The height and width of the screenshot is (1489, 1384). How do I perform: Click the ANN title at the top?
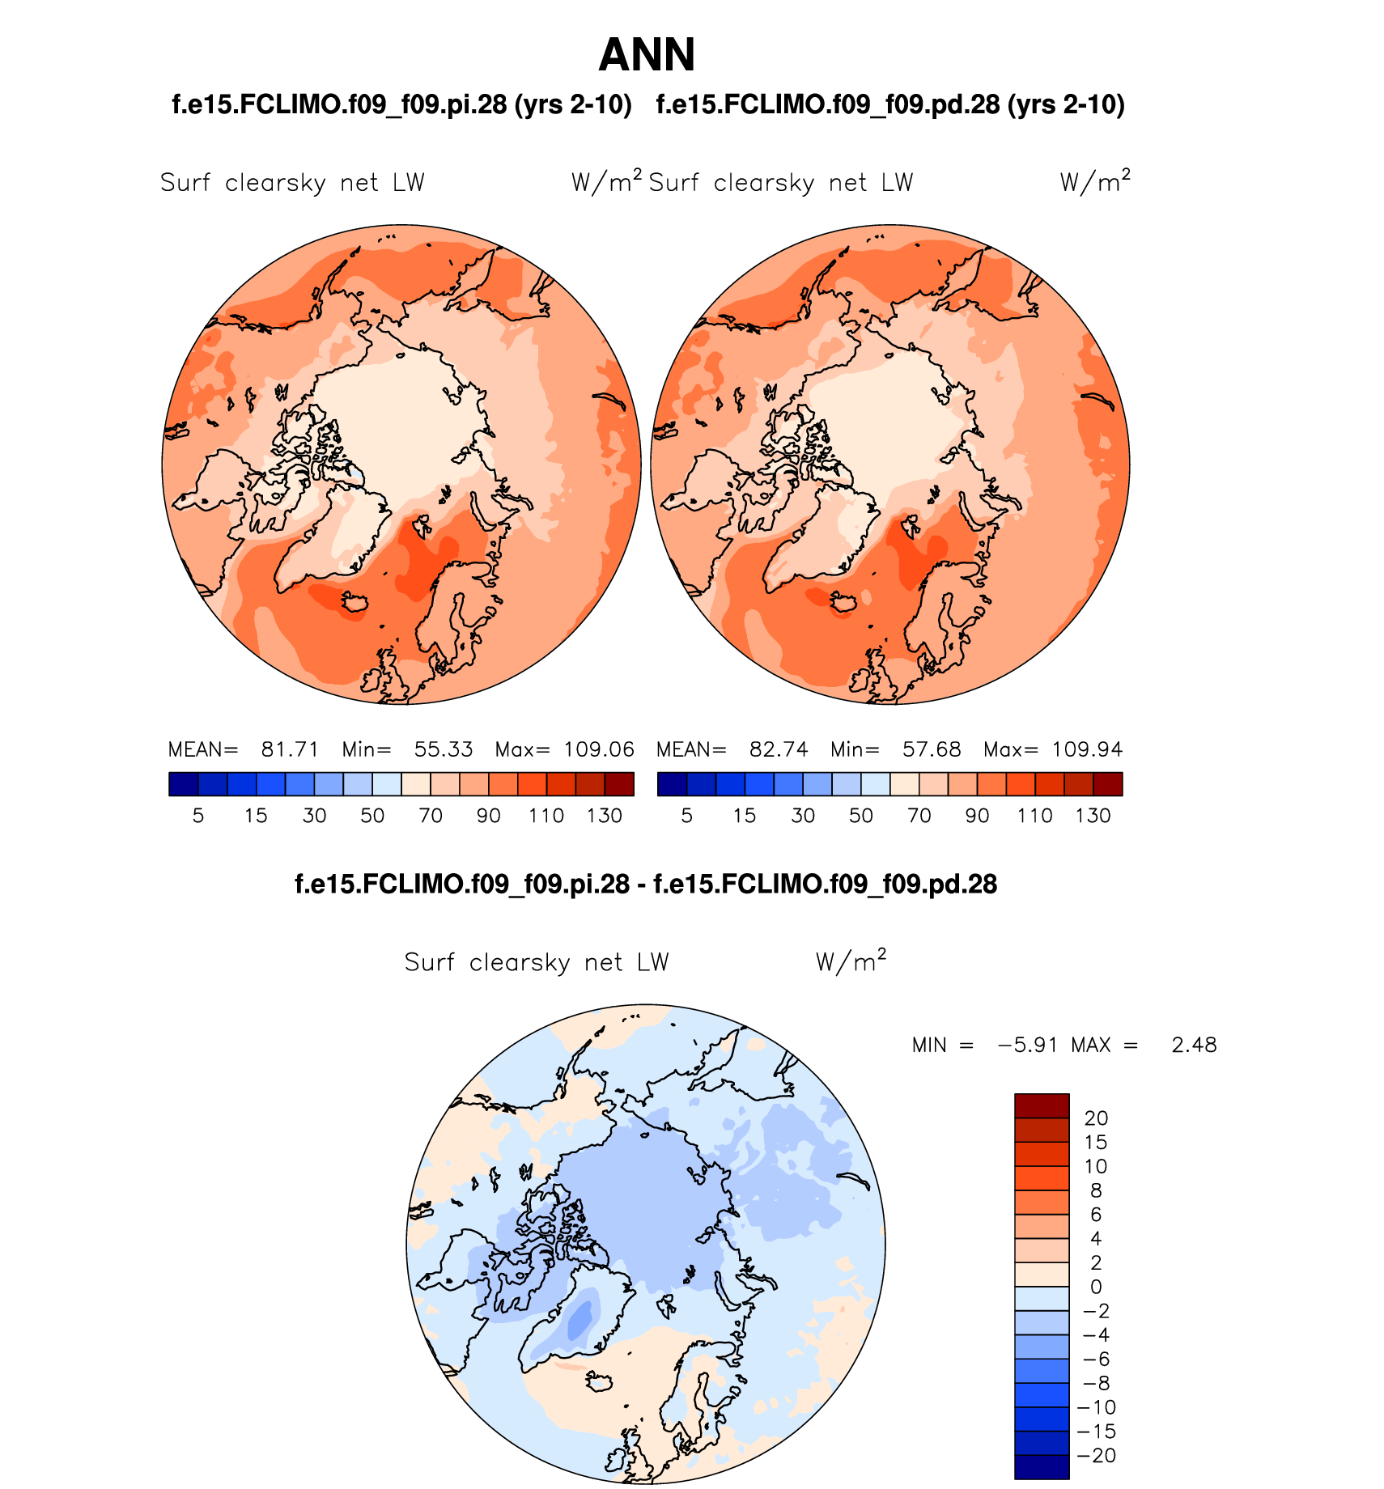point(647,55)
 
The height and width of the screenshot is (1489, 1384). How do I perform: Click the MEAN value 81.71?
point(290,749)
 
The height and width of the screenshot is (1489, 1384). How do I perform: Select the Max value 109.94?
point(1087,749)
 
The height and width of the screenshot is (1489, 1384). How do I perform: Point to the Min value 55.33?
point(444,749)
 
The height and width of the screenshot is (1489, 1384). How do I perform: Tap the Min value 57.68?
point(932,749)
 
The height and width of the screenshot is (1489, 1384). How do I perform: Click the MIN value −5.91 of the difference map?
point(1028,1045)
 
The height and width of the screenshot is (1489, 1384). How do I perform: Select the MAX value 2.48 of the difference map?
point(1194,1045)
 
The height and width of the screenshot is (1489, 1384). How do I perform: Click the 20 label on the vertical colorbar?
point(1096,1118)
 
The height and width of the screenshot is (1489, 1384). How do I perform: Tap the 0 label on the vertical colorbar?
point(1096,1287)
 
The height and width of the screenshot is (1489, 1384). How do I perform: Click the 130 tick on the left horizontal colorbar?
point(605,816)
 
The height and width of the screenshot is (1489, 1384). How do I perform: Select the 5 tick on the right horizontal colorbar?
point(687,816)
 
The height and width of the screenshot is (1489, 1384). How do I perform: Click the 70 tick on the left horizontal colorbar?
point(431,816)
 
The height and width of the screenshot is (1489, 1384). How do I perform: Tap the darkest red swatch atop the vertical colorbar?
point(1042,1105)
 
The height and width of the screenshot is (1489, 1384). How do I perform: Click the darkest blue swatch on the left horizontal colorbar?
point(184,784)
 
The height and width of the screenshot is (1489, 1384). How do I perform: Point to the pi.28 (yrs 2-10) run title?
point(401,104)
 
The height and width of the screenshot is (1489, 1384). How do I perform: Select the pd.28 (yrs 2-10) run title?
point(890,104)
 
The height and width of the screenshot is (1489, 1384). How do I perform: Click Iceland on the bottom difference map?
point(600,1381)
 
